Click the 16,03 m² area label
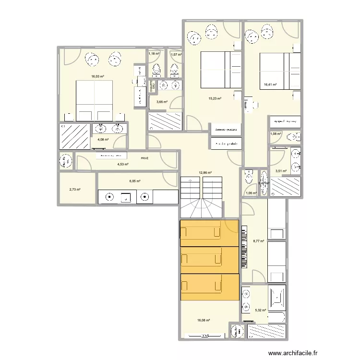pos(98,76)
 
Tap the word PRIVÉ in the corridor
pos(144,158)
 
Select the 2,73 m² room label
pos(74,190)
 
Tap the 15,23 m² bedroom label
pos(215,99)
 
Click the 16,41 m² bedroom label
pos(270,85)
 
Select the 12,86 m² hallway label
pos(205,172)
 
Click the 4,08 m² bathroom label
pos(103,140)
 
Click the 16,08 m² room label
pos(204,321)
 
